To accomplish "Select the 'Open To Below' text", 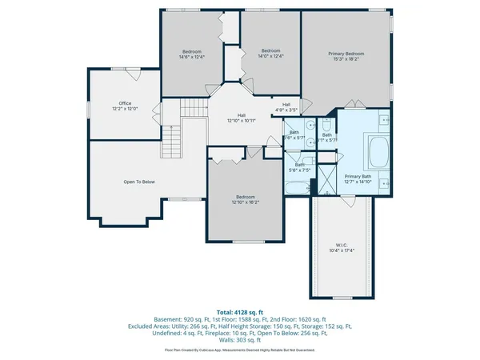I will (138, 182).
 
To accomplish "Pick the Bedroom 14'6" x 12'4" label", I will (191, 54).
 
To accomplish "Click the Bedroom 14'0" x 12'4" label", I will (270, 54).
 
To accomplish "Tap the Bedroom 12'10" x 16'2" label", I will (245, 199).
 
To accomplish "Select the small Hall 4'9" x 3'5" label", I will (286, 107).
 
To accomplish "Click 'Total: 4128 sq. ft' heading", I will (240, 311).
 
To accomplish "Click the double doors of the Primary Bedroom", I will (354, 104).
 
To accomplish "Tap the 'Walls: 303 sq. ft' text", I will (240, 340).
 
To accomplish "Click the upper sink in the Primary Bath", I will (382, 125).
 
